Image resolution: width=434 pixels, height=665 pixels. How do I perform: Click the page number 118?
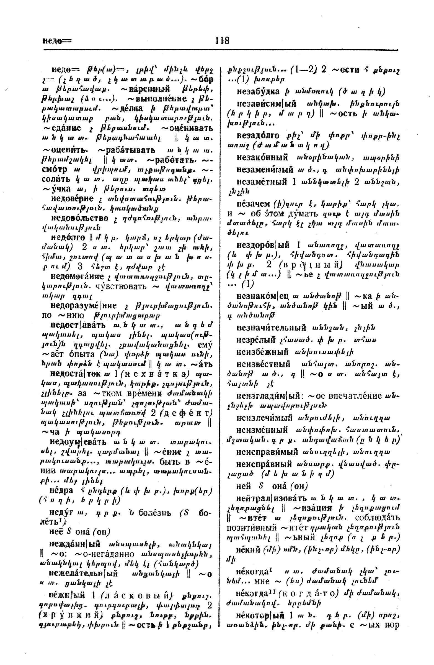pyautogui.click(x=222, y=41)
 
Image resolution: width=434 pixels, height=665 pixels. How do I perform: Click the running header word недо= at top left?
pyautogui.click(x=57, y=41)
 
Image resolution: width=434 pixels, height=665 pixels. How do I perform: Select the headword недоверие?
pyautogui.click(x=72, y=199)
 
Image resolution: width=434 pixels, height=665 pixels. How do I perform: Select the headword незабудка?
pyautogui.click(x=258, y=91)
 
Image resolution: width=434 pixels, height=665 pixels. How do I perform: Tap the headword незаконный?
pyautogui.click(x=262, y=158)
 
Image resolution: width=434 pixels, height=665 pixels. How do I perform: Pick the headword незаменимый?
pyautogui.click(x=265, y=170)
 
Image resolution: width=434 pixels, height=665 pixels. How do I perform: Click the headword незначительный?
pyautogui.click(x=271, y=328)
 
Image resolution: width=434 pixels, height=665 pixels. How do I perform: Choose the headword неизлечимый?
pyautogui.click(x=264, y=418)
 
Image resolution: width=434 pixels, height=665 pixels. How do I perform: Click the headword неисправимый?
pyautogui.click(x=267, y=452)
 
